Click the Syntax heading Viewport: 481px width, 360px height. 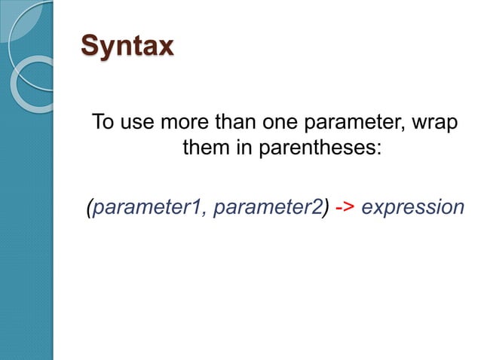[127, 46]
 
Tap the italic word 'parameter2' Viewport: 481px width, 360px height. [268, 207]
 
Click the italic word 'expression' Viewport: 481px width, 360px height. [412, 207]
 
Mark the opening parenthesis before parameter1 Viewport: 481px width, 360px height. [90, 207]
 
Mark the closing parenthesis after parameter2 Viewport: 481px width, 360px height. [326, 207]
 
